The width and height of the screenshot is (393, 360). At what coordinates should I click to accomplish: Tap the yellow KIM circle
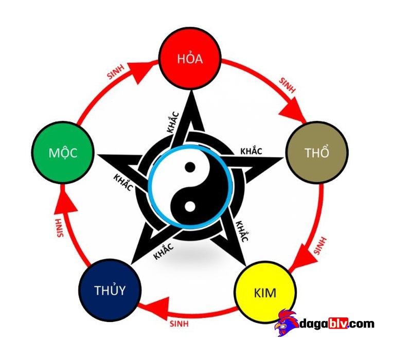pos(265,293)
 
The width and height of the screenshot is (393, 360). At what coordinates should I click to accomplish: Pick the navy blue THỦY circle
pos(110,290)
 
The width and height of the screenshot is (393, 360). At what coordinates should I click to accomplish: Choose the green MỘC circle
pos(63,153)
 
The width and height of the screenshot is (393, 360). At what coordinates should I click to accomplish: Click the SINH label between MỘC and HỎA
pos(118,72)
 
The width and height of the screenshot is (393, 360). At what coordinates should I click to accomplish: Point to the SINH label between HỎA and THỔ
pos(287,85)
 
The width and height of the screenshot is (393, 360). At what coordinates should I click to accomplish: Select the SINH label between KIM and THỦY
pos(178,324)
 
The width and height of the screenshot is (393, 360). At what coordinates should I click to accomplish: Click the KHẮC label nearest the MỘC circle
pos(122,181)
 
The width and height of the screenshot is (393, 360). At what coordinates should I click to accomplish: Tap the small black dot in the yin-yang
pos(190,167)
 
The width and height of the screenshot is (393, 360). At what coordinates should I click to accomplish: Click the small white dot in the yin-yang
pos(189,207)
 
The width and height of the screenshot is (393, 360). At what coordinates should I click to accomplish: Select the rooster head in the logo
pos(287,323)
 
